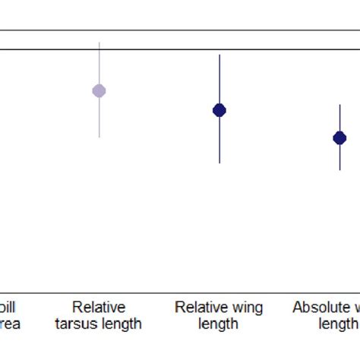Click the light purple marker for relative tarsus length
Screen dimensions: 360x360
[x=99, y=91]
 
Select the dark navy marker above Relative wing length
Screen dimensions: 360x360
[x=219, y=110]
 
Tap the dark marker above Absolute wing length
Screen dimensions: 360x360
[x=339, y=137]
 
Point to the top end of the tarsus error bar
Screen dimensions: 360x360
[x=99, y=43]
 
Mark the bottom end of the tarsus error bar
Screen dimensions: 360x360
[x=99, y=137]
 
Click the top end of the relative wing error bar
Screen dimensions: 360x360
[x=219, y=55]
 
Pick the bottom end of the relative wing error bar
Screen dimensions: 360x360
[x=219, y=163]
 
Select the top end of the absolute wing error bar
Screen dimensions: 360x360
[x=339, y=105]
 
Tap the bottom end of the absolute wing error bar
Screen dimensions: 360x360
[x=339, y=170]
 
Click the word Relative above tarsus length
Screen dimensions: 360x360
[x=99, y=308]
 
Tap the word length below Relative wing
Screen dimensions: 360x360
[x=219, y=324]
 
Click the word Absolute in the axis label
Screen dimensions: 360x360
[x=318, y=308]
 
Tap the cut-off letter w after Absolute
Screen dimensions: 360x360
[x=355, y=308]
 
